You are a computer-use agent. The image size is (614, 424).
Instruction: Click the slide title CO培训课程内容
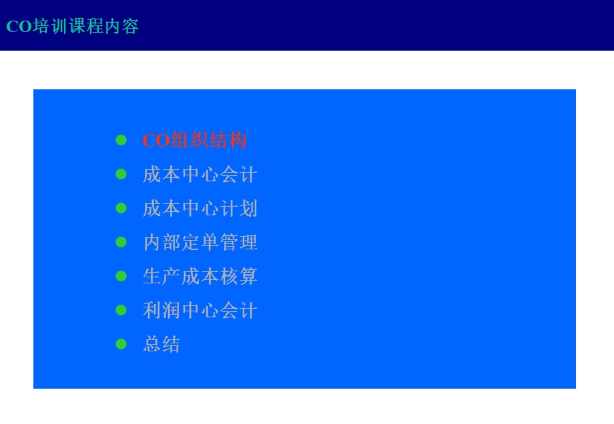[x=72, y=27]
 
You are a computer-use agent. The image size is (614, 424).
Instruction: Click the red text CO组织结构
[x=194, y=141]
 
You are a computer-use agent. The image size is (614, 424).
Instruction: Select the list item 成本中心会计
[x=200, y=175]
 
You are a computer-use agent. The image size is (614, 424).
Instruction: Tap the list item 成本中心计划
[x=200, y=209]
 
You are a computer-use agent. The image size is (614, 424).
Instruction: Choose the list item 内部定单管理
[x=200, y=243]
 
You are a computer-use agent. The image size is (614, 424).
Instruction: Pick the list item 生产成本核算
[x=200, y=277]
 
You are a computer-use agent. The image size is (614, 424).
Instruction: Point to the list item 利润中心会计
[x=200, y=311]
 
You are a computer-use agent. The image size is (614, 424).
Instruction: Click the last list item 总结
[x=162, y=345]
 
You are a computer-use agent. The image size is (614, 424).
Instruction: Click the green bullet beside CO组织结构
[x=121, y=140]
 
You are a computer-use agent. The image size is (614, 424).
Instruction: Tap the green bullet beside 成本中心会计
[x=121, y=174]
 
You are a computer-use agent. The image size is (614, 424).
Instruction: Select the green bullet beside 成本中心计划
[x=121, y=208]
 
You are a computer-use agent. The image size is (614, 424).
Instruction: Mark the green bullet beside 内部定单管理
[x=121, y=242]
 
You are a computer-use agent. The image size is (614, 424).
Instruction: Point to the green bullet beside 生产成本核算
[x=121, y=276]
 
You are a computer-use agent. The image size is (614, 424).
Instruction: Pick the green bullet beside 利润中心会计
[x=121, y=310]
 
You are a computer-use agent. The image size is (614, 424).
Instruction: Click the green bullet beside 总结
[x=121, y=344]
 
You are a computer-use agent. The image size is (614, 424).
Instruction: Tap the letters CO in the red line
[x=156, y=141]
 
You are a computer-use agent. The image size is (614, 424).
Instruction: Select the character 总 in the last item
[x=152, y=345]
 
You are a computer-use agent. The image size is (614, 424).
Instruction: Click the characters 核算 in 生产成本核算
[x=238, y=277]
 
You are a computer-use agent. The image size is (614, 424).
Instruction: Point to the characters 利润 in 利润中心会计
[x=162, y=311]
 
